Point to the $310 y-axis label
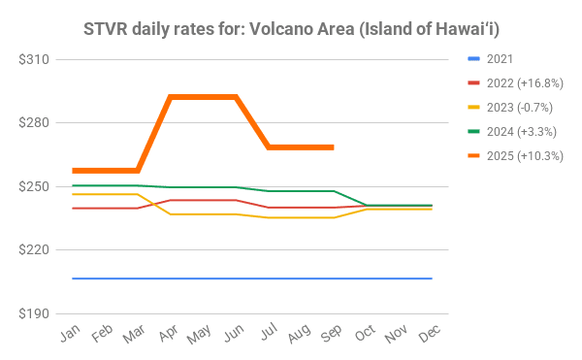click(34, 59)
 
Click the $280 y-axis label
click(34, 123)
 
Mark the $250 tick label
click(34, 186)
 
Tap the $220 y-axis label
click(34, 250)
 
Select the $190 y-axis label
click(34, 313)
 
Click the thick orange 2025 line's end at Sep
click(334, 147)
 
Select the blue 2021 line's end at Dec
click(432, 278)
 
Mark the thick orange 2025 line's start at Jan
click(73, 171)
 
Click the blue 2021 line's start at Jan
click(73, 278)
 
